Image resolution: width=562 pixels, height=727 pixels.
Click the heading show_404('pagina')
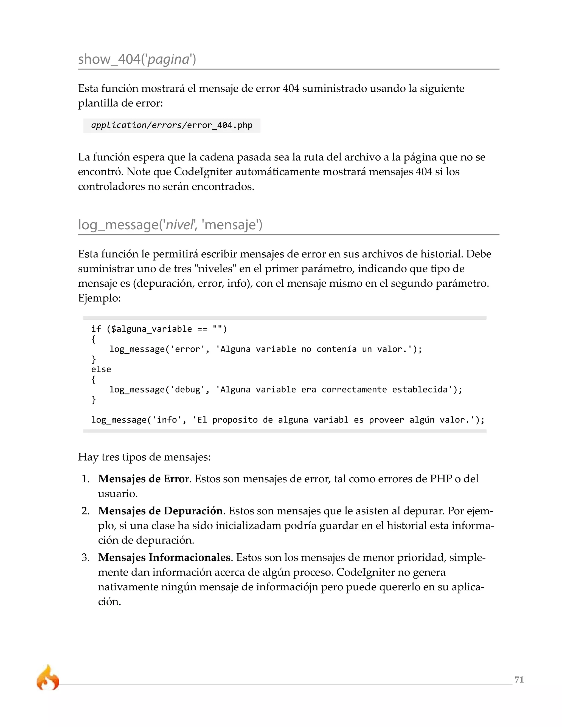coord(137,59)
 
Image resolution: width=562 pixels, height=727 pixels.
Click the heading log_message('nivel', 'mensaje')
coord(170,225)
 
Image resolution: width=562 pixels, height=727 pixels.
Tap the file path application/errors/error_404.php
coord(172,125)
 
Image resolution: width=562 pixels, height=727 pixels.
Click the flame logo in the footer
coord(47,678)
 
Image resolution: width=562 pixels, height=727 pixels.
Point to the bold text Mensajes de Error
coord(144,479)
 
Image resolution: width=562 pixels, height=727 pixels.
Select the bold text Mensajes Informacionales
coord(164,557)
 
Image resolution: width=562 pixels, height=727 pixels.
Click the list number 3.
coord(85,557)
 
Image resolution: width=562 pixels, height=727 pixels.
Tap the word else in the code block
coord(101,369)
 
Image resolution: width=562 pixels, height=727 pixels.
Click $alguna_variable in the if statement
coord(151,329)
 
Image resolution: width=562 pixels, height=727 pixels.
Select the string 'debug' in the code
coord(187,390)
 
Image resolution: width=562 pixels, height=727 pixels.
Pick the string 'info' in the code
coord(167,420)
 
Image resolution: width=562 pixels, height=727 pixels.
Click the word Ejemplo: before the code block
coord(99,298)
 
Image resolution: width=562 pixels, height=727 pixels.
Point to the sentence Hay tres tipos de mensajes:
coord(144,457)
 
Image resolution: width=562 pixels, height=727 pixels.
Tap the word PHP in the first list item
coord(441,479)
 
